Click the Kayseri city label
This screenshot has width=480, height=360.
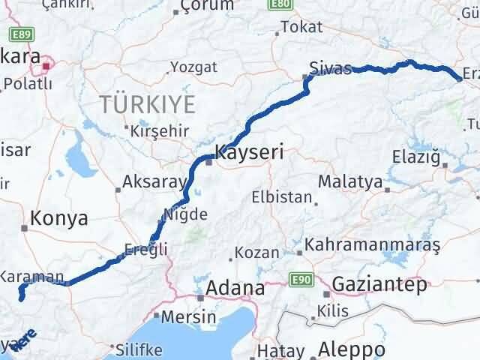coord(249,153)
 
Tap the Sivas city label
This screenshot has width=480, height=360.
coord(332,70)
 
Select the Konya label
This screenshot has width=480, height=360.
coord(59,218)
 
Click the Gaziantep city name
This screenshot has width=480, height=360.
coord(379,284)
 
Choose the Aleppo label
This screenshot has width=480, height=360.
coord(352,349)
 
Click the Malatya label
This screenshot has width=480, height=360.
coord(350,181)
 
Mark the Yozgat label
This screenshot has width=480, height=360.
coord(193,67)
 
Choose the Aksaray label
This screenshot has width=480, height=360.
coord(154,182)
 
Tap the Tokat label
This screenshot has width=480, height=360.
coord(301,28)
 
